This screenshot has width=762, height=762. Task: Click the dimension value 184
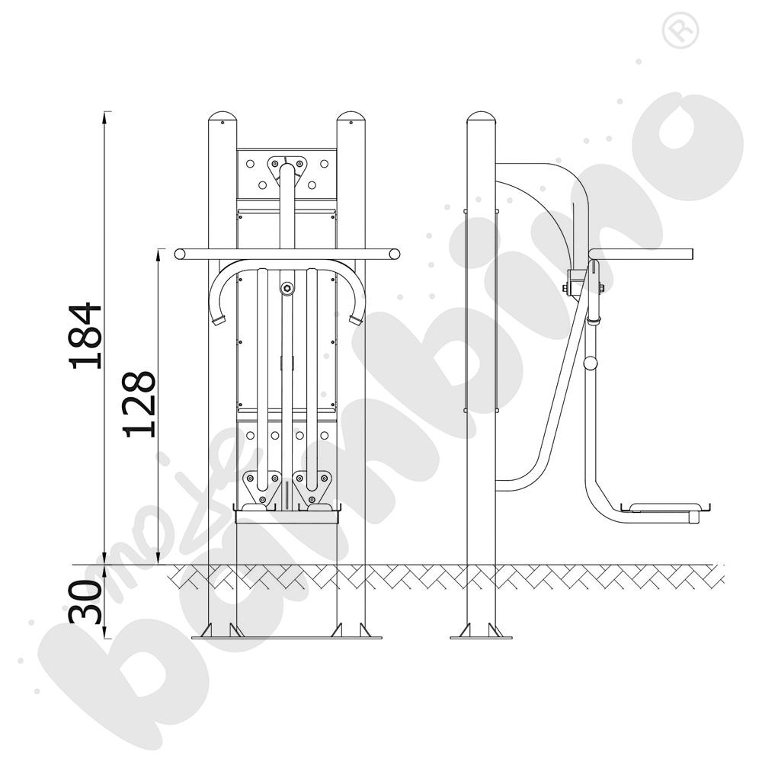tap(86, 336)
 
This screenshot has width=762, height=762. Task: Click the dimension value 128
tap(139, 405)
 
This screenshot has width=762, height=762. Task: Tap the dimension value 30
tap(86, 602)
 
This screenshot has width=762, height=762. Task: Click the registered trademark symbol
tap(680, 30)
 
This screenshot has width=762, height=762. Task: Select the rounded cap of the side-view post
tap(481, 117)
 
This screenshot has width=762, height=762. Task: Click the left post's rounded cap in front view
tap(223, 117)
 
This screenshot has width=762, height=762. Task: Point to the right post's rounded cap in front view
tap(351, 117)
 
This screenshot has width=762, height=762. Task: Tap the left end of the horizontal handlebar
tap(180, 255)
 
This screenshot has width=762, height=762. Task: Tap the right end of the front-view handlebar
tap(395, 255)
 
